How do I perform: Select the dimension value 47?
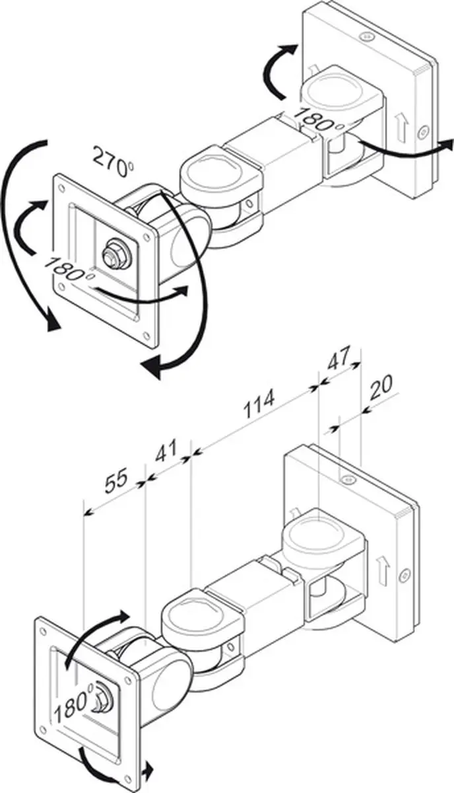click(339, 358)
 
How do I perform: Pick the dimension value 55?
click(116, 481)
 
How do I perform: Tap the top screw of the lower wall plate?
click(346, 480)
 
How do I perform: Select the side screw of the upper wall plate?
click(423, 133)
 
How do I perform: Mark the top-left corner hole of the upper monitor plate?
click(63, 186)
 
